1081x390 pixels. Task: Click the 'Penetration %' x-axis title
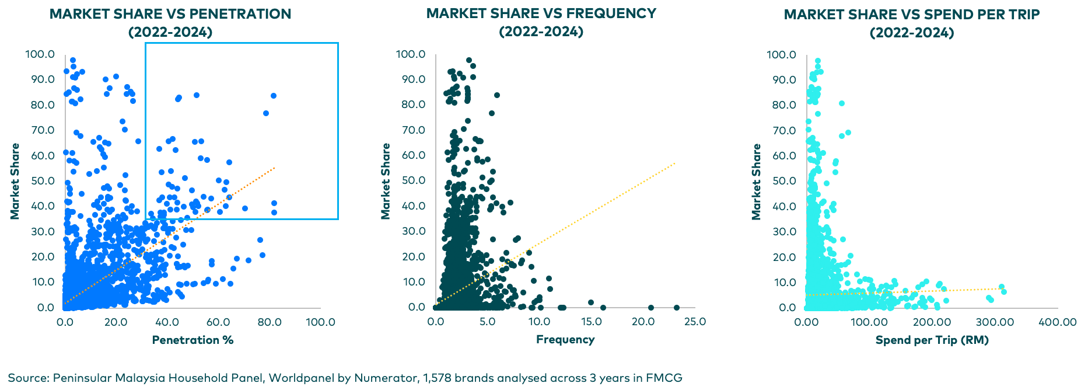tap(193, 340)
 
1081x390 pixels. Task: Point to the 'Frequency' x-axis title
tap(565, 339)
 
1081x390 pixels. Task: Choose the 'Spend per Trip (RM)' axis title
tap(932, 340)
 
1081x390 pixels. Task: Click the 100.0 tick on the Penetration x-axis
tap(320, 322)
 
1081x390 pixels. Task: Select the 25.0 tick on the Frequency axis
tap(695, 321)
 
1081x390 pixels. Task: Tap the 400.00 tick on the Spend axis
tap(1058, 322)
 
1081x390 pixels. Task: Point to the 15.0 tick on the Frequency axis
tap(591, 321)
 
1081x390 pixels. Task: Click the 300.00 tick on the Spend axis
tap(995, 322)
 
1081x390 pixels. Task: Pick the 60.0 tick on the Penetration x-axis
tap(218, 322)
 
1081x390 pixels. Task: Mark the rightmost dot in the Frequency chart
tap(677, 308)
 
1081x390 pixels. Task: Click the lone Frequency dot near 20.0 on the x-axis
tap(651, 308)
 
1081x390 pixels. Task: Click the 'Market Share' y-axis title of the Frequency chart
tap(386, 181)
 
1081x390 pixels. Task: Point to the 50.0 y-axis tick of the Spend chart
tap(784, 180)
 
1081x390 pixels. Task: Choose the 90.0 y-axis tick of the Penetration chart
tap(43, 79)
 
